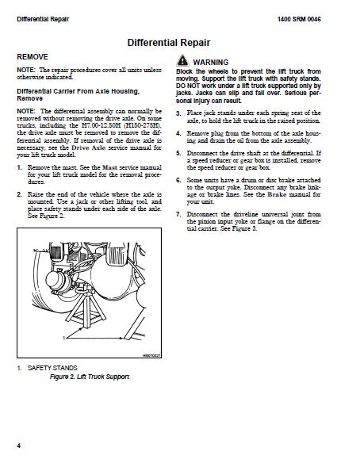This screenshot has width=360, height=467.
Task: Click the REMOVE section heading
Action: click(x=33, y=57)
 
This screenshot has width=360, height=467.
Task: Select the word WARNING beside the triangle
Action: click(x=211, y=61)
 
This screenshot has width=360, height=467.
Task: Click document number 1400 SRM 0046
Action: click(x=320, y=18)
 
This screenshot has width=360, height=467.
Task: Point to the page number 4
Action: click(x=18, y=444)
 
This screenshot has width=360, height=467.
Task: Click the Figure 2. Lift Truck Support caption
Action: click(x=89, y=377)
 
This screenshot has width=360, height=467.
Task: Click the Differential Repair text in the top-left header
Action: click(x=42, y=18)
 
